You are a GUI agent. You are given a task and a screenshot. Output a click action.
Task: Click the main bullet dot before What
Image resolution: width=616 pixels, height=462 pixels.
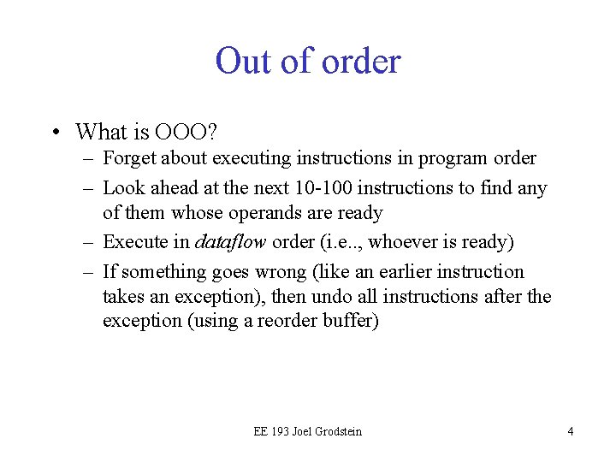tap(55, 133)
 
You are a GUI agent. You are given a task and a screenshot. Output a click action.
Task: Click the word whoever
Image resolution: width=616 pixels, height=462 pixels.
tap(404, 242)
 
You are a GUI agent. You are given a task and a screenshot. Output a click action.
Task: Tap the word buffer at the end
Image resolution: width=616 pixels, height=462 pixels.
tap(351, 322)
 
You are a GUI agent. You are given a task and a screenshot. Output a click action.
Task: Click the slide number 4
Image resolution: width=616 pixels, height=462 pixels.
tap(570, 431)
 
